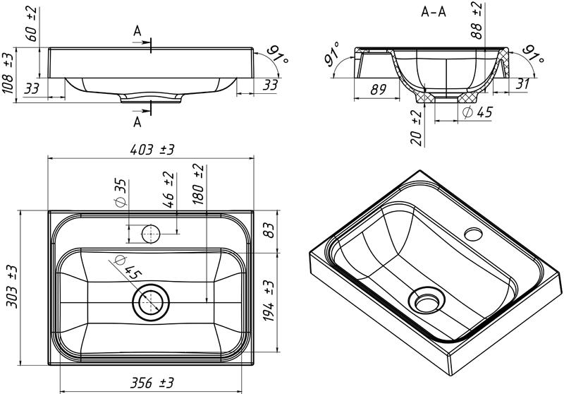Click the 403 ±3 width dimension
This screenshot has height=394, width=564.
pyautogui.click(x=152, y=149)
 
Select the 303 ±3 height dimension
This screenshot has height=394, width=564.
pyautogui.click(x=10, y=287)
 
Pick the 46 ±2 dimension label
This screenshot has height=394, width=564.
pyautogui.click(x=168, y=191)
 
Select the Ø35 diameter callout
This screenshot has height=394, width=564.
pyautogui.click(x=121, y=192)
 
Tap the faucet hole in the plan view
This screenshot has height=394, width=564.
pyautogui.click(x=150, y=233)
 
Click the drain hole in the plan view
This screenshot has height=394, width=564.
pyautogui.click(x=150, y=303)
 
